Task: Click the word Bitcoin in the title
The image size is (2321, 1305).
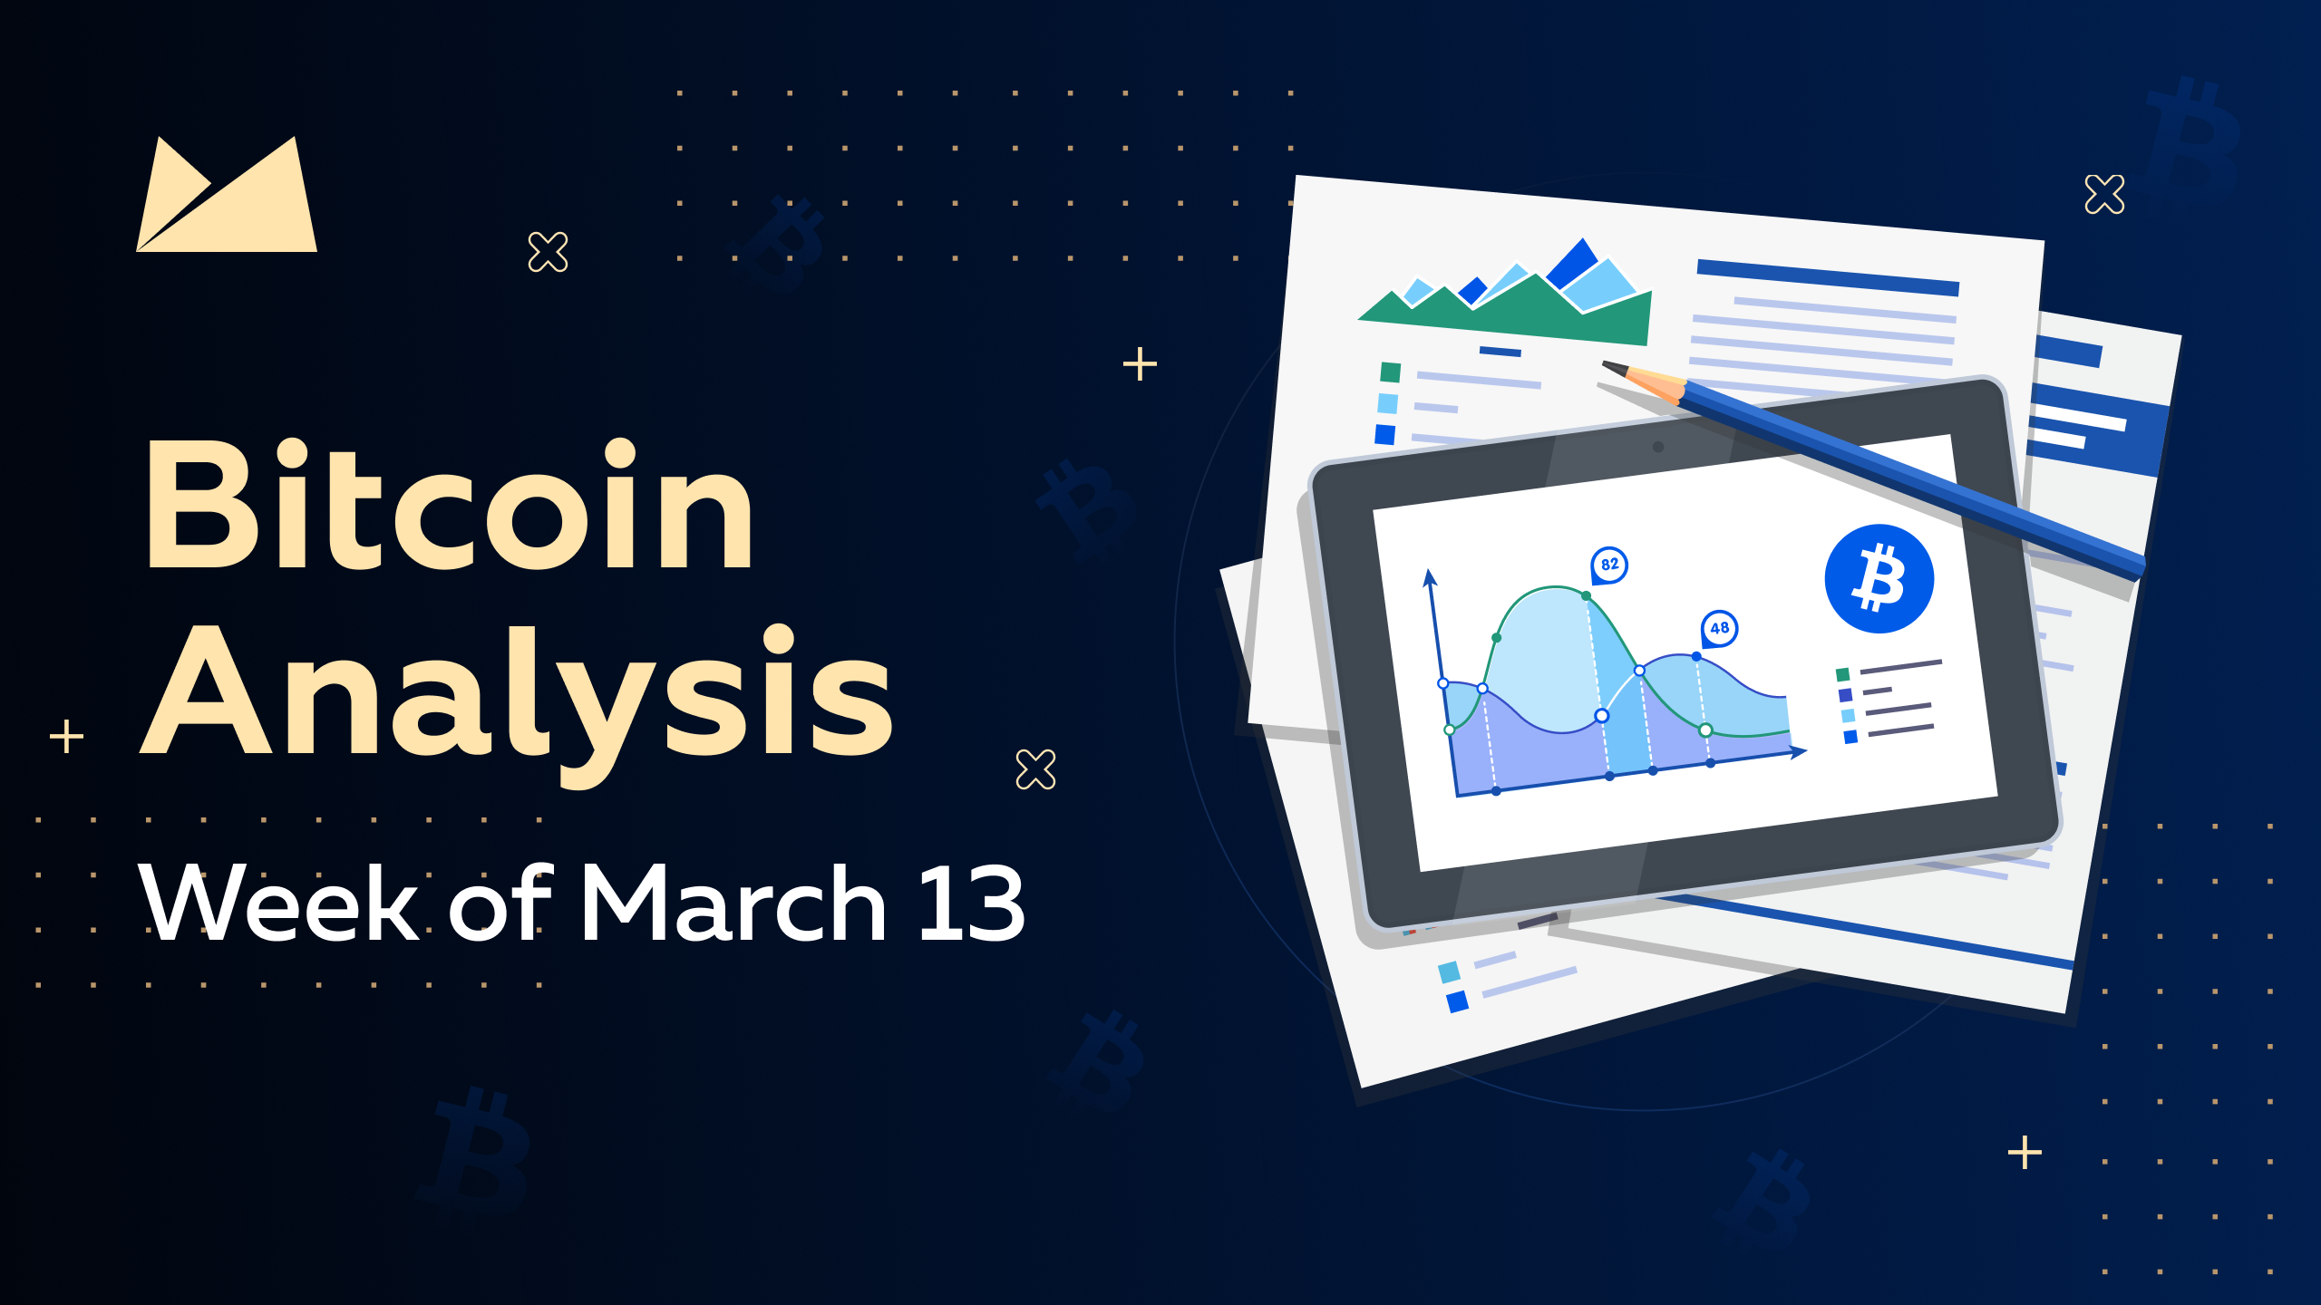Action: [x=449, y=504]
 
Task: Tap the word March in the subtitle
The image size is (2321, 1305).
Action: [x=733, y=903]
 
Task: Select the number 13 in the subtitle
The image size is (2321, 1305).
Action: [x=971, y=903]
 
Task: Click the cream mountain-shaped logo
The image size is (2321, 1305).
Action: [x=227, y=194]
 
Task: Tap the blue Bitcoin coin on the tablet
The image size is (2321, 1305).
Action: [x=1879, y=578]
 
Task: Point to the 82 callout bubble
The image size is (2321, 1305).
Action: [x=1609, y=565]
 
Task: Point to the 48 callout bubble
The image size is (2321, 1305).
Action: [x=1719, y=628]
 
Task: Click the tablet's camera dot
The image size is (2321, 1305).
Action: [x=1658, y=446]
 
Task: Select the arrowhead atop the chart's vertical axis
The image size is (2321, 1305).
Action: [x=1430, y=577]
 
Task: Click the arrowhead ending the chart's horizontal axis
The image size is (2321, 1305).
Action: [x=1799, y=750]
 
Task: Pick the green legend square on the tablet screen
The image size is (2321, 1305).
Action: [x=1842, y=674]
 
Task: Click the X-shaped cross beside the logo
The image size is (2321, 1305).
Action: [x=548, y=252]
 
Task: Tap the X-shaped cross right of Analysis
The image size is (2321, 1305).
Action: [x=1035, y=769]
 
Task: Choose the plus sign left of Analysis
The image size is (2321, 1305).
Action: [x=66, y=736]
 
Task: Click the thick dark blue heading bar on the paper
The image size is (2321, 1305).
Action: [x=1828, y=277]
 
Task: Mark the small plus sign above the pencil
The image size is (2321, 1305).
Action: [x=1140, y=364]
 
